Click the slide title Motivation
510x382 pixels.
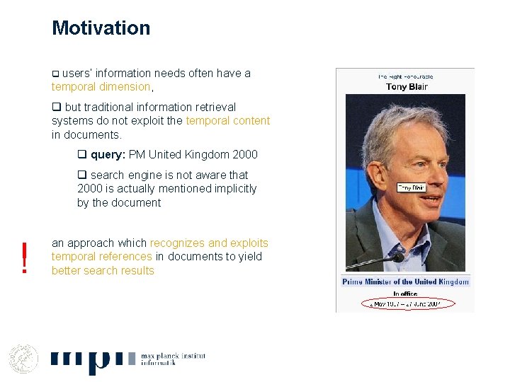point(101,28)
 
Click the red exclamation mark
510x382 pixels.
point(25,257)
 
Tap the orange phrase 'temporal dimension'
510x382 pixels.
point(101,87)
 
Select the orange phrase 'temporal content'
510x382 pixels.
point(227,121)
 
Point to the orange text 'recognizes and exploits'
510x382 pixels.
point(209,243)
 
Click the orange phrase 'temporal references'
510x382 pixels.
point(101,257)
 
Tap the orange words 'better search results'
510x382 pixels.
point(103,270)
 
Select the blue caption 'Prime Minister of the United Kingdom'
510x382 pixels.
point(405,282)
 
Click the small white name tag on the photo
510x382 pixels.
point(411,188)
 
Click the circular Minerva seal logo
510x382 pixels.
point(23,358)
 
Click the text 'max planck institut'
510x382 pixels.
point(174,356)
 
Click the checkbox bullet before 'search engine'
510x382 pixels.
point(81,175)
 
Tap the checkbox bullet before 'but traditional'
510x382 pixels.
point(56,108)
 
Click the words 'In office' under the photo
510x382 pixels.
point(405,294)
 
